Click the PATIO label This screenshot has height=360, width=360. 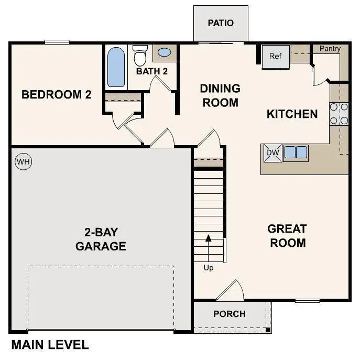click(x=221, y=23)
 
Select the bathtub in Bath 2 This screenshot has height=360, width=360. click(x=116, y=67)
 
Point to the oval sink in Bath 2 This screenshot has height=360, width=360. click(x=164, y=53)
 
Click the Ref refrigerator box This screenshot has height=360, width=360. click(x=276, y=56)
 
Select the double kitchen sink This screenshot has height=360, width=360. click(x=295, y=152)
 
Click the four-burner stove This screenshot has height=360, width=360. click(x=339, y=114)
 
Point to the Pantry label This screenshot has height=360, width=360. click(x=330, y=49)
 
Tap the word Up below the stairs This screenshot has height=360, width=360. click(x=209, y=268)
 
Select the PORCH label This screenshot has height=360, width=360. click(x=230, y=314)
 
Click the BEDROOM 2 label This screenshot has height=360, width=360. click(x=57, y=95)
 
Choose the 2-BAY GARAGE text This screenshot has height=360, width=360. click(x=101, y=239)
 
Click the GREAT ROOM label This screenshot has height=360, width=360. click(x=287, y=236)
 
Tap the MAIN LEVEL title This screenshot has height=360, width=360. click(x=50, y=345)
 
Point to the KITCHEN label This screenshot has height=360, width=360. click(x=292, y=114)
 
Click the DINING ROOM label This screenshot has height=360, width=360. click(x=220, y=95)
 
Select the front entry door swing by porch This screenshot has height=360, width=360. click(x=231, y=291)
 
